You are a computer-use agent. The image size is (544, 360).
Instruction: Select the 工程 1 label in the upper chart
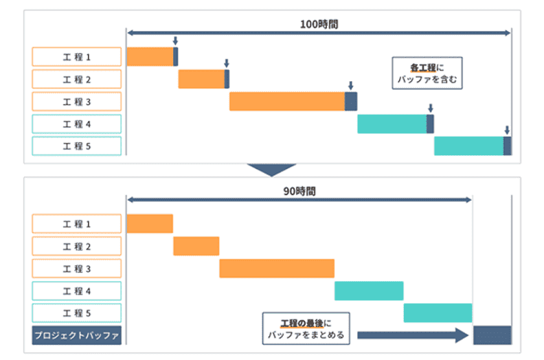coord(77,56)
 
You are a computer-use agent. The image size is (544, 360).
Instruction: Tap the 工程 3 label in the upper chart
coord(77,102)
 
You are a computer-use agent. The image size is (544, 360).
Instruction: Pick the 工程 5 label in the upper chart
coord(77,146)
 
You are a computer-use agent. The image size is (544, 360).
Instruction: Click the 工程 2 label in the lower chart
coord(77,247)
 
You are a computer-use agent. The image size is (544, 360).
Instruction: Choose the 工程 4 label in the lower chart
coord(77,291)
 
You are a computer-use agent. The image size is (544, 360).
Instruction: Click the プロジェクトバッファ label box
coord(77,336)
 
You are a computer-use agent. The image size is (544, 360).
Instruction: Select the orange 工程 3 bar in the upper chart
coord(286,101)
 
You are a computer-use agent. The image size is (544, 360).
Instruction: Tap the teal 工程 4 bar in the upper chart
coord(392,124)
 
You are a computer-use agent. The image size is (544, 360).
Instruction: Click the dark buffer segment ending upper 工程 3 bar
coord(351,101)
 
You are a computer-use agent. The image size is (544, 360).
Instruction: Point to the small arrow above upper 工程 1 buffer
coord(175,42)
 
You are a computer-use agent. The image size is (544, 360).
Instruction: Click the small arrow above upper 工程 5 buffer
coord(507,130)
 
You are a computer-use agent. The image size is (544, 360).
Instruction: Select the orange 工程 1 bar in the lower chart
coord(150,224)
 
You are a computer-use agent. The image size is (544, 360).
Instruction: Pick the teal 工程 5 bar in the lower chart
coord(438,313)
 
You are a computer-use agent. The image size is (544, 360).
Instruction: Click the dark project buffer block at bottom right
coord(492,335)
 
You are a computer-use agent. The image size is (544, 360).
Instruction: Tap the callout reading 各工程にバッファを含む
coord(427,74)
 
